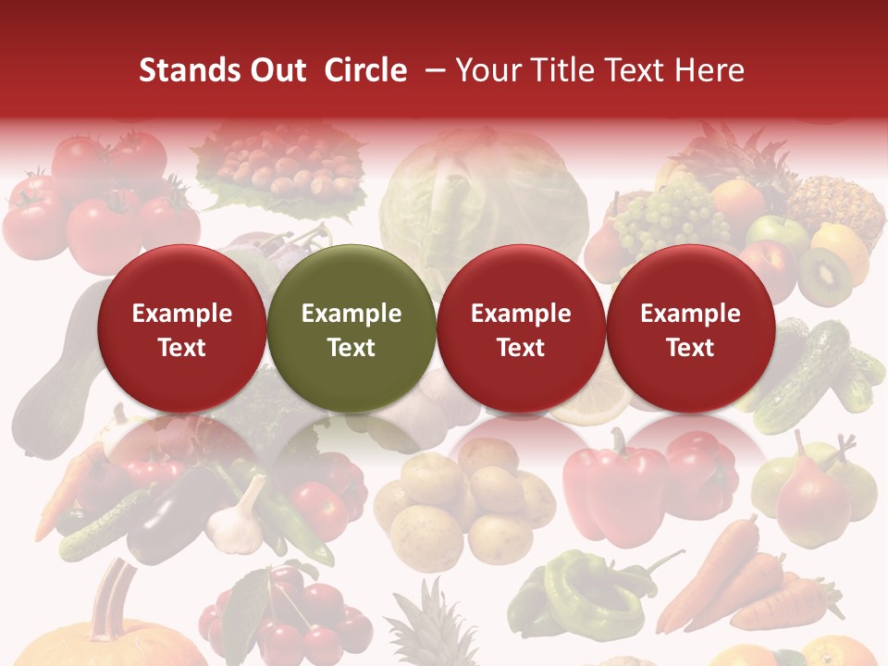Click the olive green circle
pyautogui.click(x=351, y=328)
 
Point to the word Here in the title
pyautogui.click(x=709, y=70)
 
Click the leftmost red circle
pyautogui.click(x=181, y=328)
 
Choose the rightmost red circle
pyautogui.click(x=690, y=328)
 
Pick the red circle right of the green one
pyautogui.click(x=521, y=328)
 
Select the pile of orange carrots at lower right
pyautogui.click(x=758, y=578)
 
